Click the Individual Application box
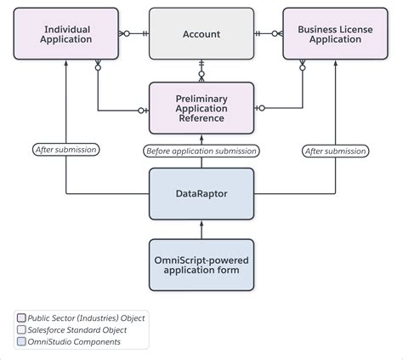pos(65,34)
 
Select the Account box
pos(201,34)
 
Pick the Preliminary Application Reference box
pos(201,108)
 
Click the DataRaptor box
pos(201,193)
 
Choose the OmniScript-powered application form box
pos(201,264)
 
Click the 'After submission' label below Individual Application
pos(65,150)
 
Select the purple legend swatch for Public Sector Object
pos(20,318)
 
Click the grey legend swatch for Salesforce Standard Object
pos(20,330)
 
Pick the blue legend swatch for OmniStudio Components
pos(20,342)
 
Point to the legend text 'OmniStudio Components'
pos(74,342)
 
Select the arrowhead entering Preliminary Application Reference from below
pos(201,139)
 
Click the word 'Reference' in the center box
pos(201,118)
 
